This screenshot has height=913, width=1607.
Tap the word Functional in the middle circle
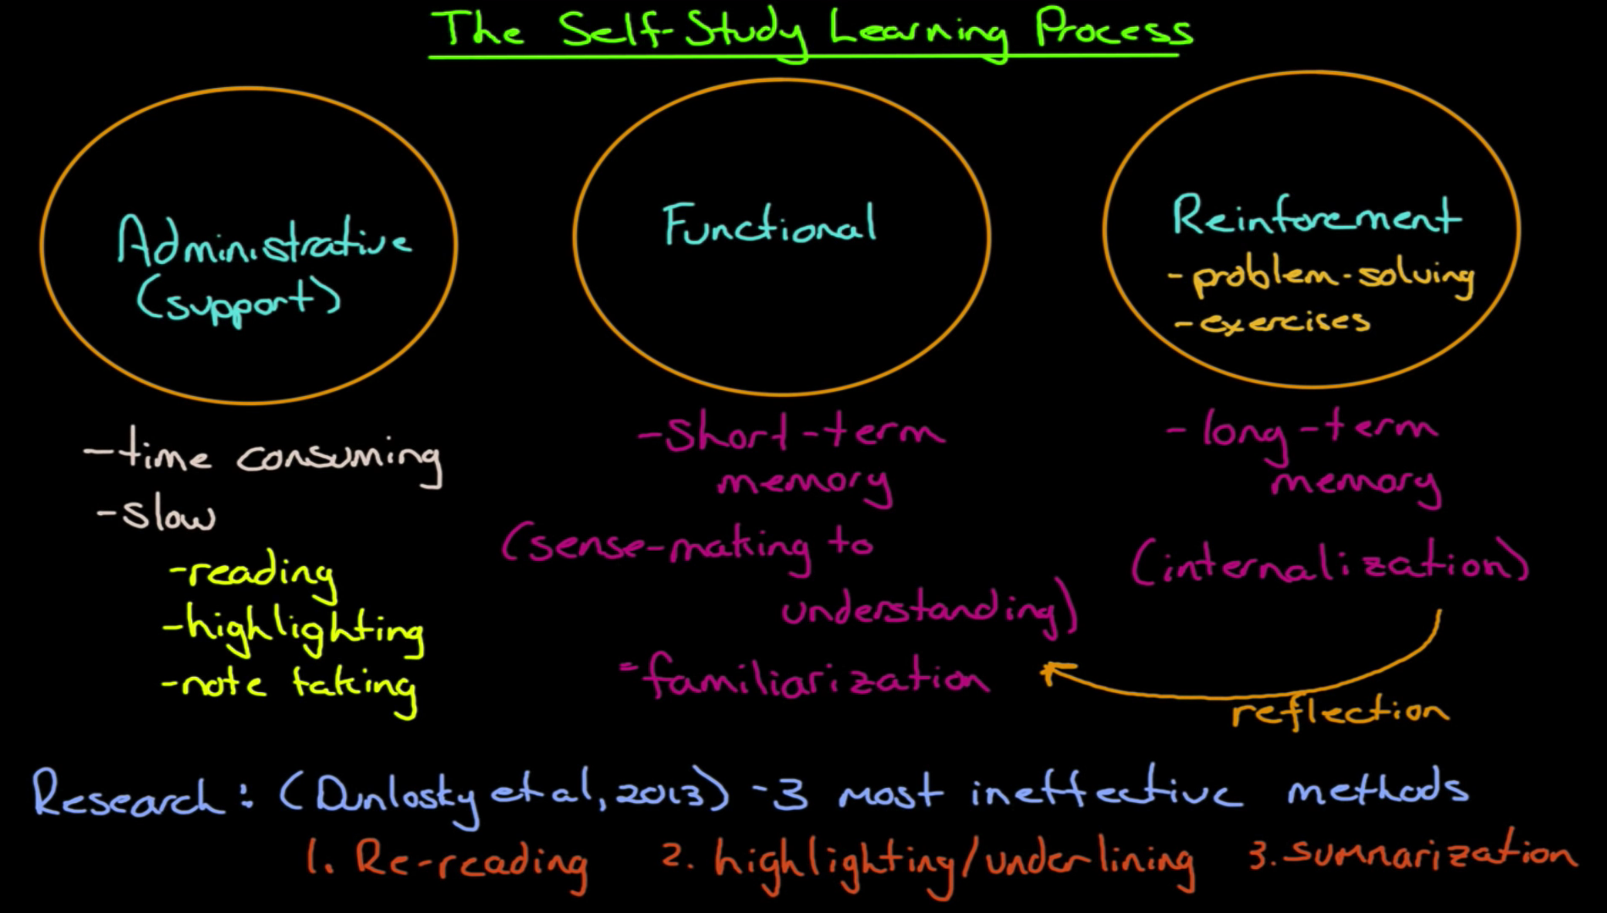[x=769, y=226]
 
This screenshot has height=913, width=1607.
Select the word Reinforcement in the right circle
[x=1316, y=217]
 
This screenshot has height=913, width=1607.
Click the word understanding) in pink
[x=927, y=610]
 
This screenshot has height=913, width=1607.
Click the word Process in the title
[x=1114, y=30]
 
